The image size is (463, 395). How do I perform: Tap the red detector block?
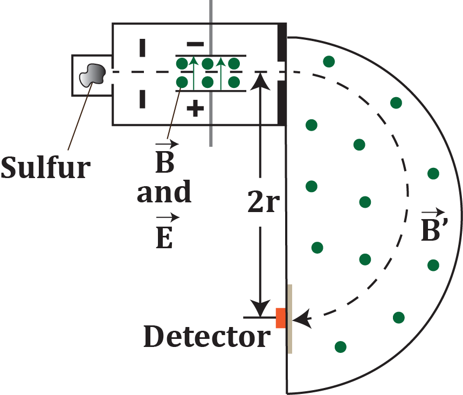[x=281, y=318]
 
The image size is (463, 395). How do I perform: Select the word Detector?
[x=206, y=337]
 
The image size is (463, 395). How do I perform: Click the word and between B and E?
[x=164, y=193]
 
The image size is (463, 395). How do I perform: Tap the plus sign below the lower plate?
[x=195, y=109]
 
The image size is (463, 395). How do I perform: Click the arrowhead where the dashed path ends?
[x=303, y=319]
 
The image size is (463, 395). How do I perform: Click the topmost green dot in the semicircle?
[x=328, y=61]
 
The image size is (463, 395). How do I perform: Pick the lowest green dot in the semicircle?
[x=340, y=346]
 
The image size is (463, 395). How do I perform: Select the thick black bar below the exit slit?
[x=282, y=103]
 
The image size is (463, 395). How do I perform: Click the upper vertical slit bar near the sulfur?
[x=142, y=47]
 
